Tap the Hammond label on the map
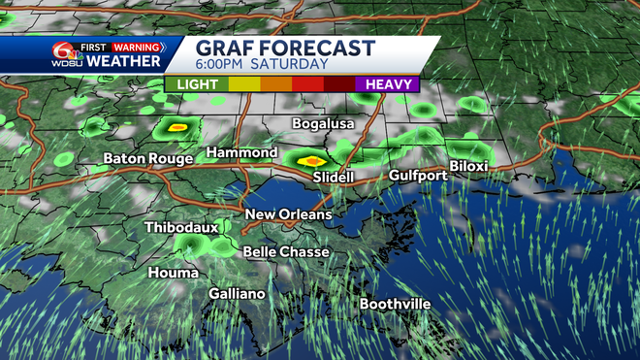(240, 153)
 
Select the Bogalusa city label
(324, 124)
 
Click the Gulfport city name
(418, 176)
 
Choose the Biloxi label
(467, 167)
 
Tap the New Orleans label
(288, 214)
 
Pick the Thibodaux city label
(181, 227)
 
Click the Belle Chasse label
(286, 252)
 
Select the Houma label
(173, 274)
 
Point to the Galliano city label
(237, 293)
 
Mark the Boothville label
(395, 304)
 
